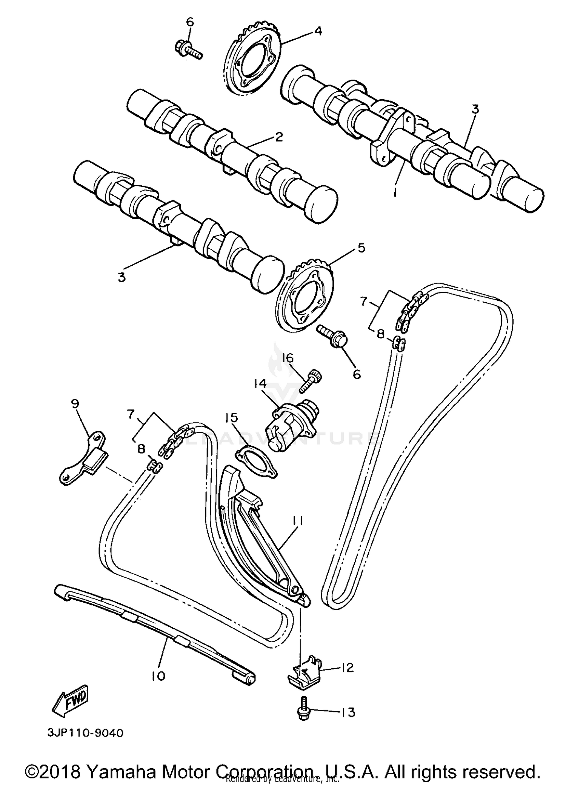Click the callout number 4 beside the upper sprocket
click(318, 31)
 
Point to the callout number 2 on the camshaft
click(278, 137)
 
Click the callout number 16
click(288, 357)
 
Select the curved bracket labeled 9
click(84, 457)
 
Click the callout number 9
click(75, 404)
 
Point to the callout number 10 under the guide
click(158, 676)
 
